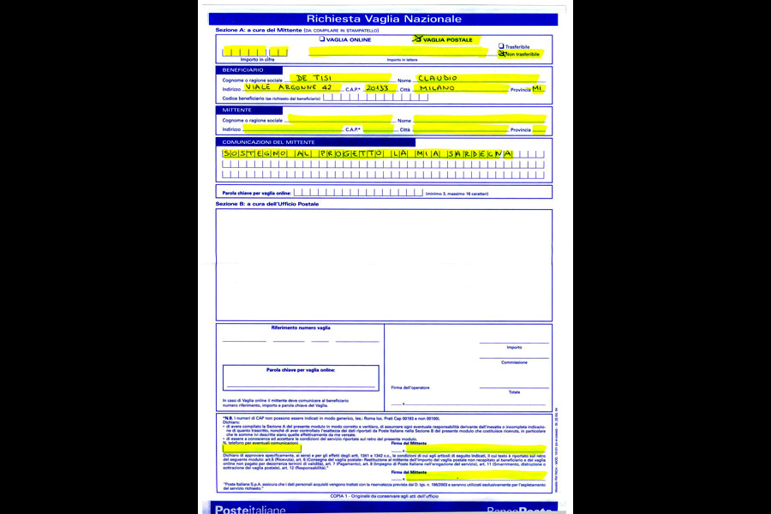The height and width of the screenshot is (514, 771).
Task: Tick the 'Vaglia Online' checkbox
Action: pyautogui.click(x=322, y=39)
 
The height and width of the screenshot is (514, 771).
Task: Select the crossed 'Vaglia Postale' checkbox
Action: pyautogui.click(x=418, y=39)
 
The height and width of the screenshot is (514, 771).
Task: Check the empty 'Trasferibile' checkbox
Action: pyautogui.click(x=501, y=46)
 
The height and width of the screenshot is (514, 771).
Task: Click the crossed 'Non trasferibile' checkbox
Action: pyautogui.click(x=501, y=54)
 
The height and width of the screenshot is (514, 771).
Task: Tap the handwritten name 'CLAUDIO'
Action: pyautogui.click(x=439, y=78)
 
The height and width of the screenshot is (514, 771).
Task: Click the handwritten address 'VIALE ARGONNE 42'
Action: pyautogui.click(x=288, y=88)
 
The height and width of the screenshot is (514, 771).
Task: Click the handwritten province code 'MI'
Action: pyautogui.click(x=537, y=88)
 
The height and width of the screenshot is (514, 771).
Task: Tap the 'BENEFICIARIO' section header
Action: pyautogui.click(x=242, y=69)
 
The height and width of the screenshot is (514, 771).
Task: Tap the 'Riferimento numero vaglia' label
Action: pyautogui.click(x=301, y=328)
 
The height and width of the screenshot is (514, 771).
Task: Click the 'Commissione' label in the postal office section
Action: pyautogui.click(x=514, y=362)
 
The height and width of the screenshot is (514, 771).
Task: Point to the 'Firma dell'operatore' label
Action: pyautogui.click(x=410, y=388)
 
